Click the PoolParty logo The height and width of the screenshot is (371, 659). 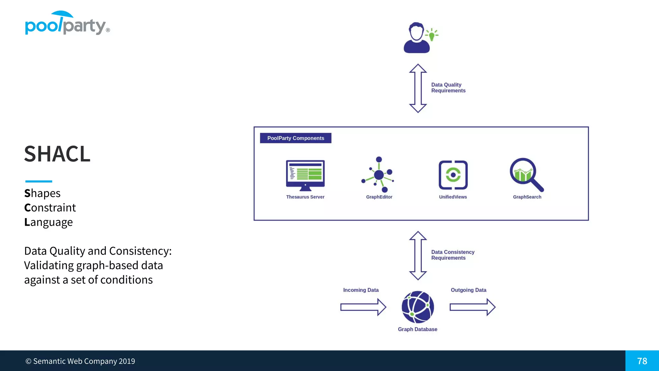67,24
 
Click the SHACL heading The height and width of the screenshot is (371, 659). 57,154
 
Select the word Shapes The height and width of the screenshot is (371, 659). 42,193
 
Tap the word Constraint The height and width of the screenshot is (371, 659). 50,208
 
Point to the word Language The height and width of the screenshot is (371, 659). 49,222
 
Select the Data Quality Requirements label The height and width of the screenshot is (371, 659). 448,88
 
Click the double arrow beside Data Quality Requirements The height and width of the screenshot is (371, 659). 418,88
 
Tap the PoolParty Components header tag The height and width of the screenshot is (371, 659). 295,138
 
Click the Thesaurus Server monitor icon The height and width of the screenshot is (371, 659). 305,175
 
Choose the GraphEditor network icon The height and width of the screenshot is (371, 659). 378,175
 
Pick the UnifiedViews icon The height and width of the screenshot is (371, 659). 453,175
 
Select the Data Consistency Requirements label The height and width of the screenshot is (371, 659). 452,255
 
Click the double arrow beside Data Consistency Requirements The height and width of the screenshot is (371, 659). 418,255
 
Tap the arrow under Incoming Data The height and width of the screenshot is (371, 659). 363,307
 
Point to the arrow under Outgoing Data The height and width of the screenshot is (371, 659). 472,307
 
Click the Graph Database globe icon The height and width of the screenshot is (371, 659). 418,307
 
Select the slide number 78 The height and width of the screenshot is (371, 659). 642,361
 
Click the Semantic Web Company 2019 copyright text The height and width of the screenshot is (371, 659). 80,361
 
